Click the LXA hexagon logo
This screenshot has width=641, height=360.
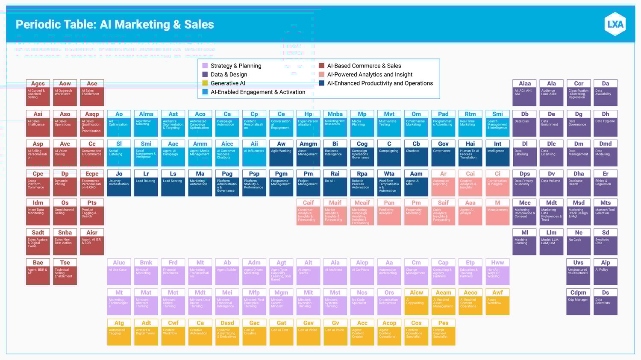[615, 24]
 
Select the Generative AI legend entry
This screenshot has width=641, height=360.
[227, 83]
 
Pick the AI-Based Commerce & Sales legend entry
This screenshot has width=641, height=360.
[364, 66]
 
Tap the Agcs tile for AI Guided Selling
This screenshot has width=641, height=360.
[38, 93]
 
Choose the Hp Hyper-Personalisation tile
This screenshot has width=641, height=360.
[308, 123]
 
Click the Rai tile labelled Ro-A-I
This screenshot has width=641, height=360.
[335, 183]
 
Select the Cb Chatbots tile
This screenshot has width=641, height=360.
[416, 153]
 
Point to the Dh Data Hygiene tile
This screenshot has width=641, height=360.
[606, 123]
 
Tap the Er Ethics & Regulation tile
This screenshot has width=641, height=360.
[606, 183]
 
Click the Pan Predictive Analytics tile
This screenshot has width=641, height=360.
[389, 212]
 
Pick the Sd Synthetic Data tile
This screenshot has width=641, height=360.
[606, 242]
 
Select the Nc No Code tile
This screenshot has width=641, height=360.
[579, 242]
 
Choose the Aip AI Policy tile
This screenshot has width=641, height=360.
[606, 272]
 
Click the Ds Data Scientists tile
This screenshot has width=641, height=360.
[606, 301]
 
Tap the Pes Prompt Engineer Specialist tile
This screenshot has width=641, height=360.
[443, 332]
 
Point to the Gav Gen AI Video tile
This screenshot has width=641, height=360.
[308, 332]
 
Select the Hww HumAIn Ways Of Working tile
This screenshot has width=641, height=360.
[497, 272]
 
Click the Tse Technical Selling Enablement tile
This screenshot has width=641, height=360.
[65, 272]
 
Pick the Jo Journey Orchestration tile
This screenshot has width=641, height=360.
[119, 183]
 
